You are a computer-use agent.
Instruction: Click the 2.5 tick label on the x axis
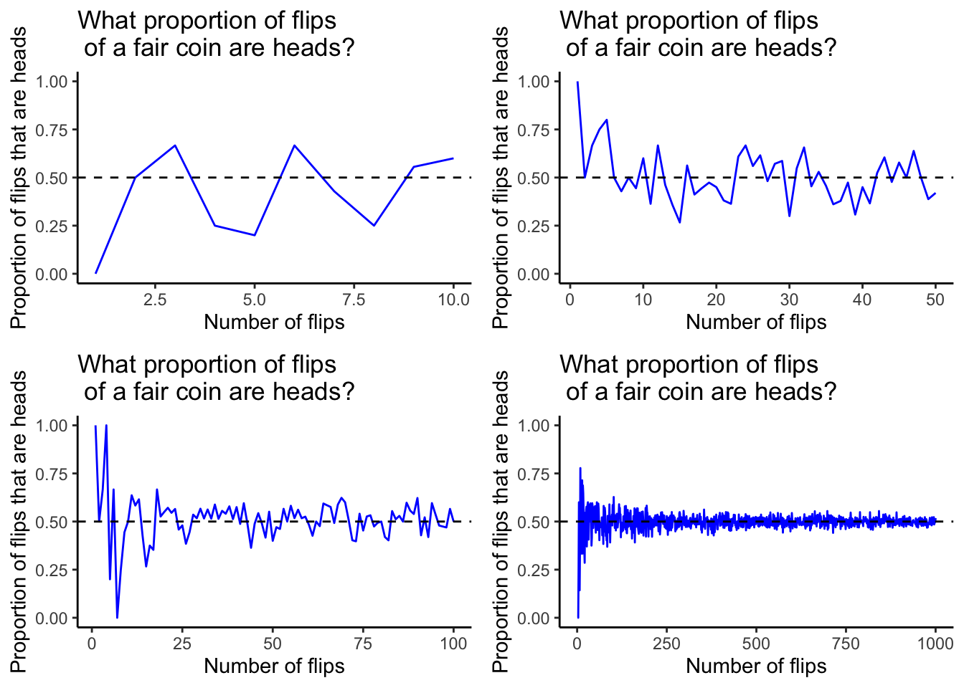[x=155, y=299]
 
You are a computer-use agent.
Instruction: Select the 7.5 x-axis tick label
[x=354, y=299]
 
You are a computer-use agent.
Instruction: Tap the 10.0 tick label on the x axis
[x=453, y=299]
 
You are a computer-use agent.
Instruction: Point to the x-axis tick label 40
[x=862, y=299]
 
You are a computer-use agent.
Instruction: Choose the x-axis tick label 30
[x=789, y=299]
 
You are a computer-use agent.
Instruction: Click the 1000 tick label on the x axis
[x=935, y=643]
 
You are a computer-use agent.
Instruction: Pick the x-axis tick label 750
[x=846, y=643]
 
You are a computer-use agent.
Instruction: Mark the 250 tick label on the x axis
[x=666, y=643]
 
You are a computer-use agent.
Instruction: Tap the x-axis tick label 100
[x=453, y=643]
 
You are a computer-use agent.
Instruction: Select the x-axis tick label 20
[x=716, y=299]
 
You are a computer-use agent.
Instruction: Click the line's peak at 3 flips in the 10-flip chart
[x=175, y=145]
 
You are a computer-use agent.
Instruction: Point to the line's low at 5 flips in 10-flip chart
[x=255, y=235]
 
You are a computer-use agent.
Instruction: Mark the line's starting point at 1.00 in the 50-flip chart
[x=577, y=82]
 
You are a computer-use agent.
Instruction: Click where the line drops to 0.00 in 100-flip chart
[x=117, y=618]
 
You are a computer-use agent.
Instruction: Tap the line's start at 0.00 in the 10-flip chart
[x=95, y=273]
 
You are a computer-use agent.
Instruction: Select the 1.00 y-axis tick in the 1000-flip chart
[x=533, y=426]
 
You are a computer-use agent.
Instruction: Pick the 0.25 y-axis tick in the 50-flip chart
[x=533, y=226]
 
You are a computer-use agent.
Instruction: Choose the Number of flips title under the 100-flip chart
[x=274, y=666]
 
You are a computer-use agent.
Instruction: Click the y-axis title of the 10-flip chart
[x=19, y=178]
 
